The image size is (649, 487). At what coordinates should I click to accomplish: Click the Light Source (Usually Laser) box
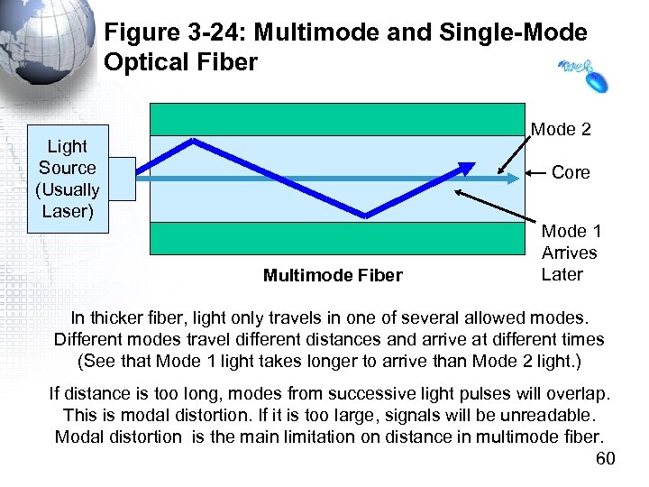68,179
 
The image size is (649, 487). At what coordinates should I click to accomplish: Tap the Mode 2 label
561,130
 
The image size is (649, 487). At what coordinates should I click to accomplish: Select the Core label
570,172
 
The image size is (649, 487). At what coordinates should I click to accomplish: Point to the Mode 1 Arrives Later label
569,253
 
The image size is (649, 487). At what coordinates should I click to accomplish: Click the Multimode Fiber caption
333,275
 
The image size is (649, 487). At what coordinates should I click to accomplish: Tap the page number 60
606,460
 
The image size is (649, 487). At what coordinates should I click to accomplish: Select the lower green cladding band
337,238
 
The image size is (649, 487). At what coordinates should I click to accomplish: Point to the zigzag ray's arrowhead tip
473,164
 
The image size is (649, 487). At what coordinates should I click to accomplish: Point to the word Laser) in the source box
68,211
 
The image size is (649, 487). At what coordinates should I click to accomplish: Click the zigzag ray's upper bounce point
195,140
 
